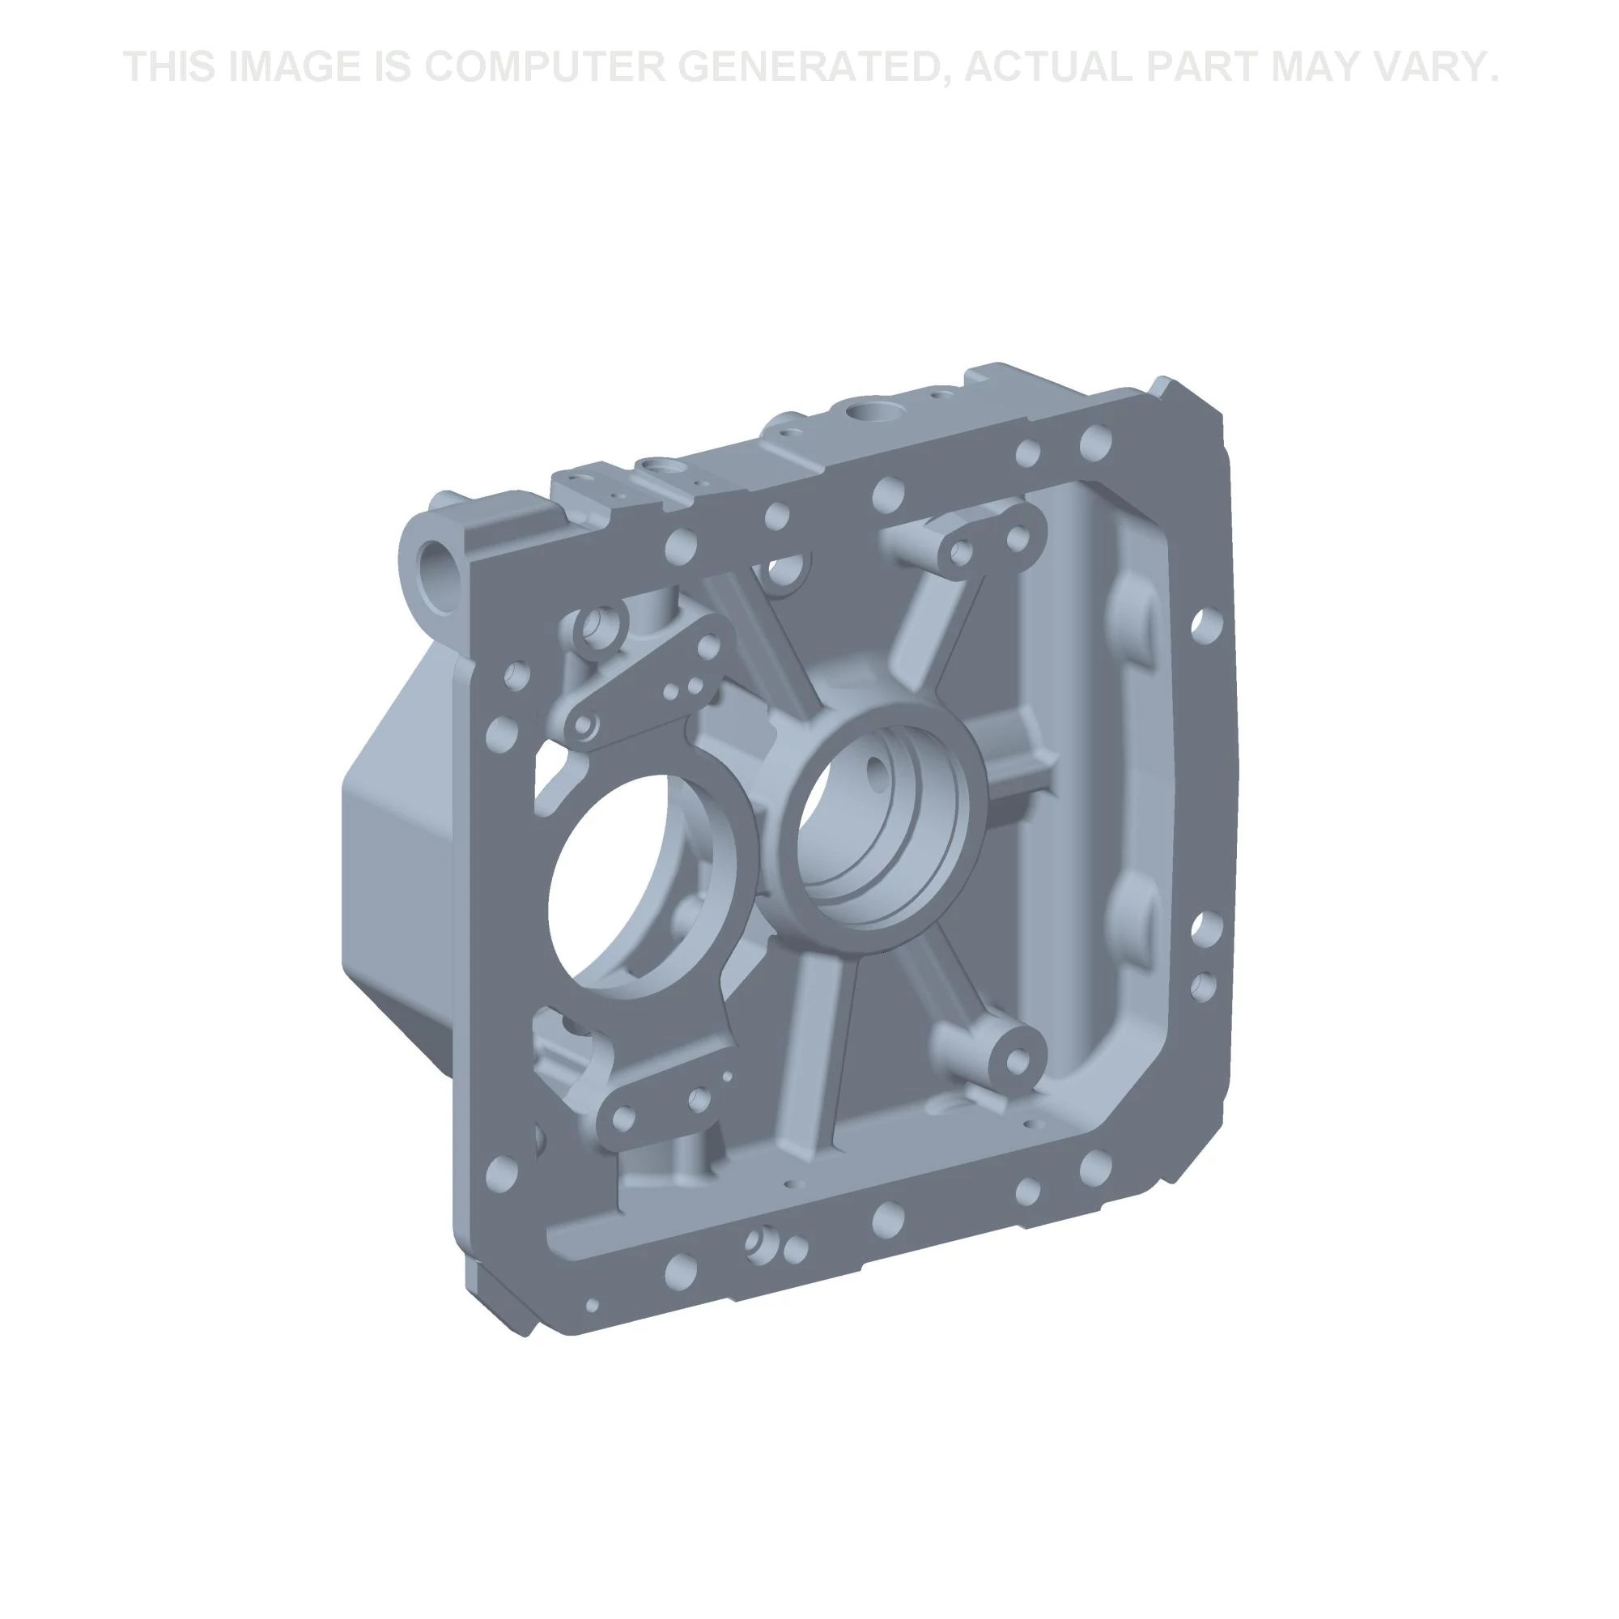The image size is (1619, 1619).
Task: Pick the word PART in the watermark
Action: click(x=1199, y=67)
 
